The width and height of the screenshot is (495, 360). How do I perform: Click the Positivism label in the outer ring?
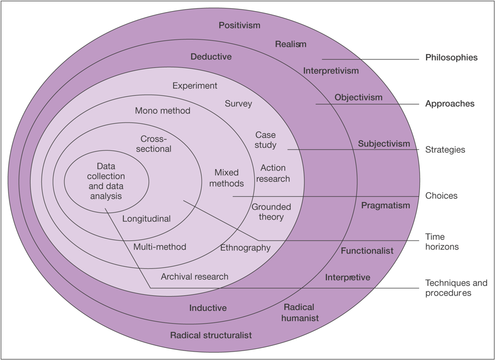(240, 25)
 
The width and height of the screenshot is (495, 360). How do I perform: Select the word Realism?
(291, 44)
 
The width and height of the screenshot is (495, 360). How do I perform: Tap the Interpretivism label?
(331, 71)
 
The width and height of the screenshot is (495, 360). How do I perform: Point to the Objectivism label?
(359, 97)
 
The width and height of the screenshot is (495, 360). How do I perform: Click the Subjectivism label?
(384, 144)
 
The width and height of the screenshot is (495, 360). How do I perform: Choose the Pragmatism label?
(385, 205)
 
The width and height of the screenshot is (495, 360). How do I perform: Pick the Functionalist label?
(367, 251)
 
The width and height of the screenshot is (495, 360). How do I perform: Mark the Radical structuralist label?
(211, 335)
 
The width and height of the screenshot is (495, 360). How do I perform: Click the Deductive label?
(211, 57)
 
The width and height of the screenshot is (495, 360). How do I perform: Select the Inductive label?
(208, 308)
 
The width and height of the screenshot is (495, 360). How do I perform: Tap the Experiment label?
(195, 86)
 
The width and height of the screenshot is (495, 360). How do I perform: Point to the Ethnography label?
(245, 247)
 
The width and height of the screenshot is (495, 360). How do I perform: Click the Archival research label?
(195, 276)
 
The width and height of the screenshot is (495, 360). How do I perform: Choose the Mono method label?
(163, 111)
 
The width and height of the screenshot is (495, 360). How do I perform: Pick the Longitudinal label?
(146, 218)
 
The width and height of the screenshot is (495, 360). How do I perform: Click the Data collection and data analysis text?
(106, 181)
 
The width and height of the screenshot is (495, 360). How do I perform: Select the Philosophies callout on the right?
(451, 57)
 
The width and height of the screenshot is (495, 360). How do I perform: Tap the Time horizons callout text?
(442, 242)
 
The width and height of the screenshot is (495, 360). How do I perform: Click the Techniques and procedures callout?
(456, 288)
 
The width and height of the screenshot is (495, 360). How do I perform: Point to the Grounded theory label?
(271, 212)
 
